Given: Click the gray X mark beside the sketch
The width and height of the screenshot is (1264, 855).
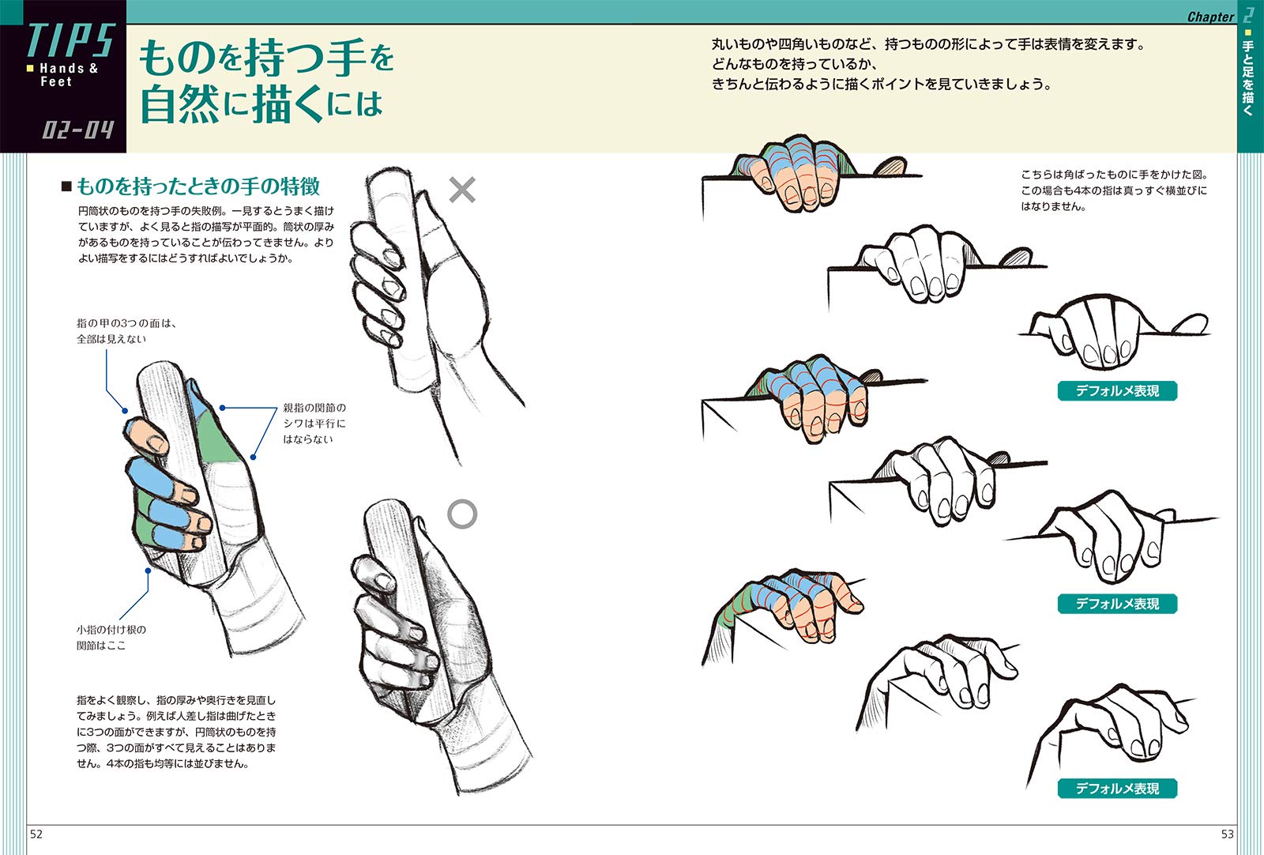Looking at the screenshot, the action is pyautogui.click(x=462, y=190).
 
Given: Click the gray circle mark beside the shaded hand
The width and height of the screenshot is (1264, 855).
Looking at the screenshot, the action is pyautogui.click(x=462, y=514).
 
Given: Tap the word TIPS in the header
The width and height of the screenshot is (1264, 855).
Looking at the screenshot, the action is pyautogui.click(x=71, y=40).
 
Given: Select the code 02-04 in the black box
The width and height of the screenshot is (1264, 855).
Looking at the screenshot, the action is pyautogui.click(x=78, y=130).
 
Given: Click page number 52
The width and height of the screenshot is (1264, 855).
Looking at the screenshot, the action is pyautogui.click(x=36, y=834).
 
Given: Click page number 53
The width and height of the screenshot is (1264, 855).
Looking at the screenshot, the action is pyautogui.click(x=1228, y=834).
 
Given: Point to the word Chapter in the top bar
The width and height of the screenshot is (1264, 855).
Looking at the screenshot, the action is pyautogui.click(x=1210, y=17).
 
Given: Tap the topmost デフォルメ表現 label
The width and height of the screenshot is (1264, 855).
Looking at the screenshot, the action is pyautogui.click(x=1117, y=390).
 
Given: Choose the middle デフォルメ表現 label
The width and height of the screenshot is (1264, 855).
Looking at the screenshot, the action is pyautogui.click(x=1117, y=603).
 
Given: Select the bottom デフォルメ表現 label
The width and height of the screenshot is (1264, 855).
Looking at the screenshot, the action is pyautogui.click(x=1117, y=788).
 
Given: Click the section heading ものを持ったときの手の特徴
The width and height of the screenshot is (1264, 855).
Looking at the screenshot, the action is pyautogui.click(x=198, y=186).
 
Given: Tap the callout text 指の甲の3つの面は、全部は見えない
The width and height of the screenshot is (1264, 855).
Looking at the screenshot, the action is pyautogui.click(x=127, y=331).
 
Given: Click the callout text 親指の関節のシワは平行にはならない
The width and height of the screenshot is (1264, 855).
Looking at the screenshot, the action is pyautogui.click(x=314, y=424).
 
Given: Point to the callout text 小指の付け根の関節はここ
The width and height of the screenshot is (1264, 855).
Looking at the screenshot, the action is pyautogui.click(x=111, y=637).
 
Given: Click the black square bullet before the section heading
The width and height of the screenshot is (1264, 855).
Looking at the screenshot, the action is pyautogui.click(x=66, y=186).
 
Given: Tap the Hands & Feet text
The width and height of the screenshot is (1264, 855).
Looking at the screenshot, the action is pyautogui.click(x=69, y=75).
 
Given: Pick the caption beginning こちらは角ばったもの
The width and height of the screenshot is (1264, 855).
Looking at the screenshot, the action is pyautogui.click(x=1114, y=190).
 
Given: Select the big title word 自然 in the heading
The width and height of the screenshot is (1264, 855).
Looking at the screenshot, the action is pyautogui.click(x=179, y=104).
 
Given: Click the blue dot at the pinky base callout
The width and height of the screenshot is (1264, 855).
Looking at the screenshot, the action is pyautogui.click(x=148, y=571).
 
